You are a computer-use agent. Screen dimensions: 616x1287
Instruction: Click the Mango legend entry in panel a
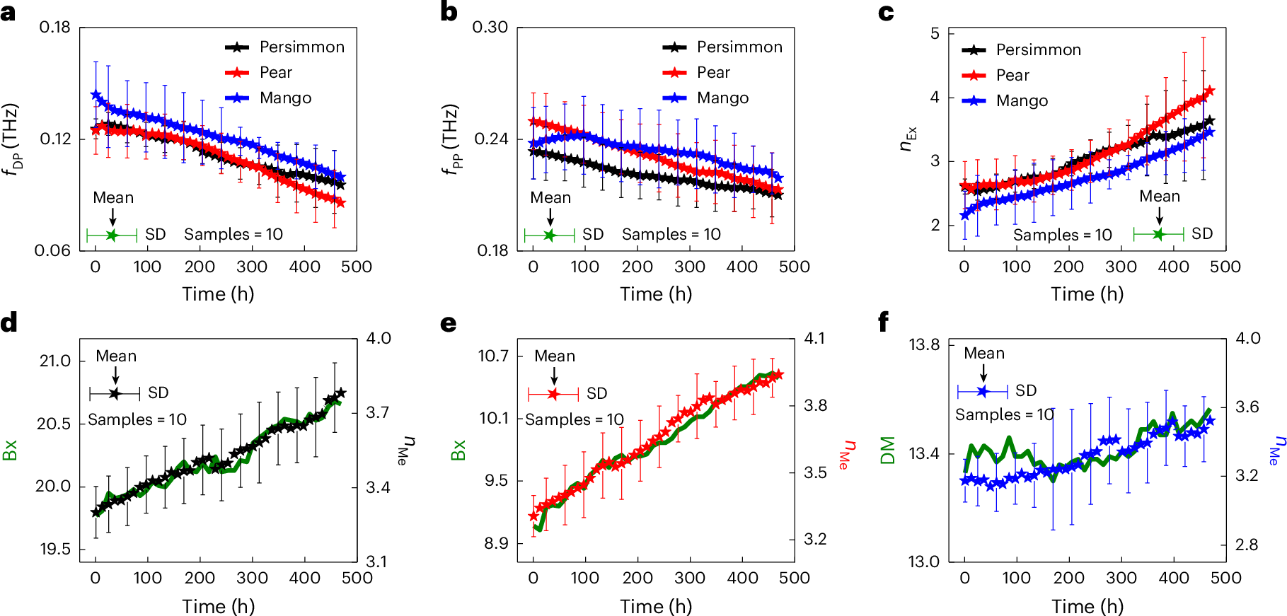coord(285,98)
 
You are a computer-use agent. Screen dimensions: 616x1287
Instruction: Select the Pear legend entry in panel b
coord(712,73)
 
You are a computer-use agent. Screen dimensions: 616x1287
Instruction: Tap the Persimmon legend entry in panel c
coord(1038,50)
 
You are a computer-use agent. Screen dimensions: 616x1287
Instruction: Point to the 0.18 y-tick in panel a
coord(54,28)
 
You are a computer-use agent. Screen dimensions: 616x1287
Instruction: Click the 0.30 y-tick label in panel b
coord(490,28)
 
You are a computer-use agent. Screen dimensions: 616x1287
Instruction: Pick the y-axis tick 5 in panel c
coord(935,33)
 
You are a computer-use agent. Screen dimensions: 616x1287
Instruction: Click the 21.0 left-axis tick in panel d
coord(54,361)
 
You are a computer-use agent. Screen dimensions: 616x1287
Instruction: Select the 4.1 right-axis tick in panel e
coord(815,339)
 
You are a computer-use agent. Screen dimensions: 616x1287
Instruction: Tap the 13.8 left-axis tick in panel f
coord(924,345)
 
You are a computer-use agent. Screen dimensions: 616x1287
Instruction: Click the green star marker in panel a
coord(112,236)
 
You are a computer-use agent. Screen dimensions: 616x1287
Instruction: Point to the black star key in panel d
coord(115,393)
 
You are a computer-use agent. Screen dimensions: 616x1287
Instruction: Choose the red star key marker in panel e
coord(553,394)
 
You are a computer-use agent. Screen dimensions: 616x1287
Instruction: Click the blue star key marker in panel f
coord(983,391)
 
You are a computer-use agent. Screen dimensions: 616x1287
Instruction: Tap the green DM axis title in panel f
coord(888,451)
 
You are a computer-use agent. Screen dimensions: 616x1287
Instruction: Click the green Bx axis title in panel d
coord(10,451)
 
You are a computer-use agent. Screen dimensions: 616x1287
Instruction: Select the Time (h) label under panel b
coord(656,294)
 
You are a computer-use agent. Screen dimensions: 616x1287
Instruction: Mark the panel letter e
coord(448,324)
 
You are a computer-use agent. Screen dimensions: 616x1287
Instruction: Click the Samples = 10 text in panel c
coord(1062,236)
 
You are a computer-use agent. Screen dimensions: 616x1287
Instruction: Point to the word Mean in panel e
coord(555,356)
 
